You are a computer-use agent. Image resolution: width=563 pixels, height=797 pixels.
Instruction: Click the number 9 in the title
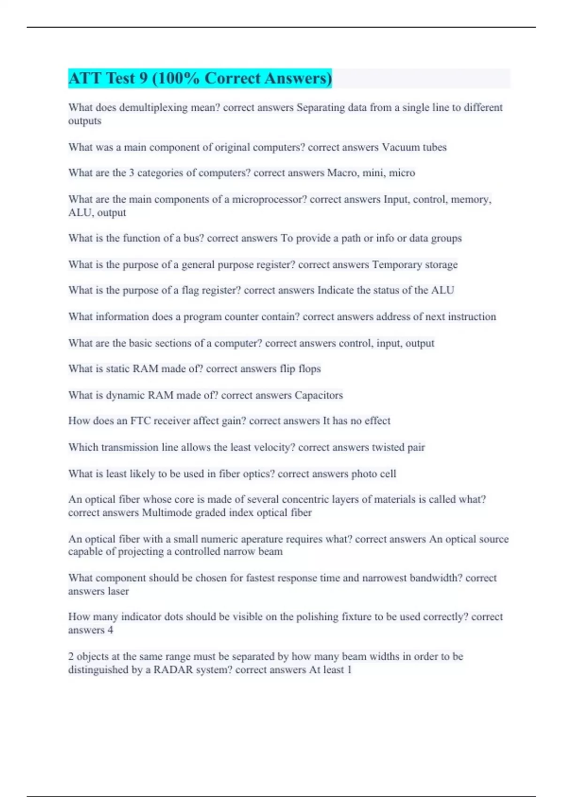tap(144, 78)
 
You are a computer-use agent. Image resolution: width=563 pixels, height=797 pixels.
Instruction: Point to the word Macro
tap(341, 173)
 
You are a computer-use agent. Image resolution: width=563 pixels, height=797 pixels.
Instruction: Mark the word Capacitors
tap(319, 395)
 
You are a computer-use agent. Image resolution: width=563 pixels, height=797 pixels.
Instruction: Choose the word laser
tap(118, 592)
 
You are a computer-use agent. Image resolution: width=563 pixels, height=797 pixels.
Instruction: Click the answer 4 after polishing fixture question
tap(110, 631)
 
